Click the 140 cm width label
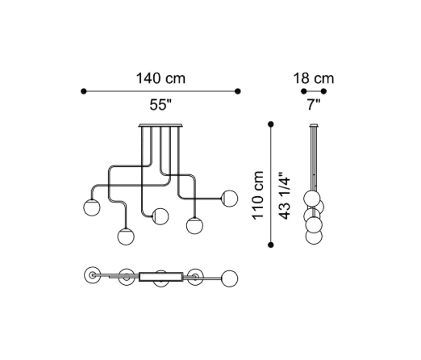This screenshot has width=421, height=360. tap(160, 78)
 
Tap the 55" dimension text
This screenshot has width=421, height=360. tap(160, 104)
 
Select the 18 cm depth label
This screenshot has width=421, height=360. tap(314, 78)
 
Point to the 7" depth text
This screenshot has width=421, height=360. tap(314, 104)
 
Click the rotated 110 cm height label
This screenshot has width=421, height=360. tap(257, 195)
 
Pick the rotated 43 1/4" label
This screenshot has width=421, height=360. tap(285, 195)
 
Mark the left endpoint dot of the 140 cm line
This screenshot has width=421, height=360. tap(84, 91)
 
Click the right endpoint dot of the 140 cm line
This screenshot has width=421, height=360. tap(238, 91)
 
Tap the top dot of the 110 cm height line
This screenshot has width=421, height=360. tap(271, 124)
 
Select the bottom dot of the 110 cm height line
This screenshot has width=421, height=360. tap(271, 245)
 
